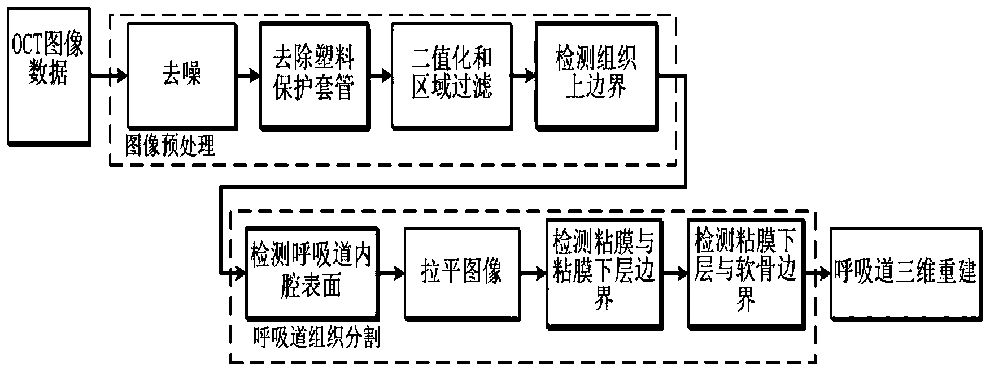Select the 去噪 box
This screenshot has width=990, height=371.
point(181,75)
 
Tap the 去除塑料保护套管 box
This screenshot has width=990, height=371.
point(314,75)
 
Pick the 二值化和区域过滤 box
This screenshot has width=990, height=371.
point(451,75)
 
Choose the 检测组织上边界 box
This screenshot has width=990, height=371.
point(596,75)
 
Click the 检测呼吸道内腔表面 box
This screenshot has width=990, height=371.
point(312,273)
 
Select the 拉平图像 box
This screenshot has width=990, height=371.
point(462,273)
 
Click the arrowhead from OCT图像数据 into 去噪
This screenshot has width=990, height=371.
point(121,75)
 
